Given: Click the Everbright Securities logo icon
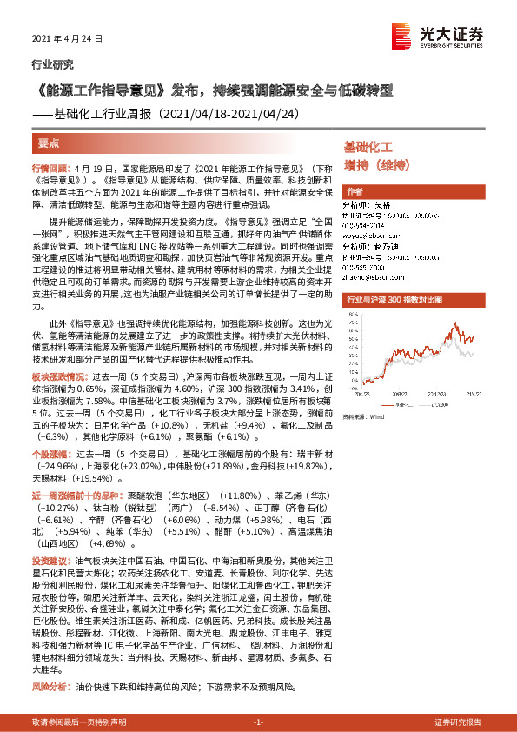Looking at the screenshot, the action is coord(402,36).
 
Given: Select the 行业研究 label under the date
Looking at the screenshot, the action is coord(52,64).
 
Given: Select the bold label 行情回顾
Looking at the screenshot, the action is coord(49,166).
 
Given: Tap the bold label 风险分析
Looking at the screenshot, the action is coord(49,687).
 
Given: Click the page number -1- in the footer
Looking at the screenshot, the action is coord(258,722).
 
